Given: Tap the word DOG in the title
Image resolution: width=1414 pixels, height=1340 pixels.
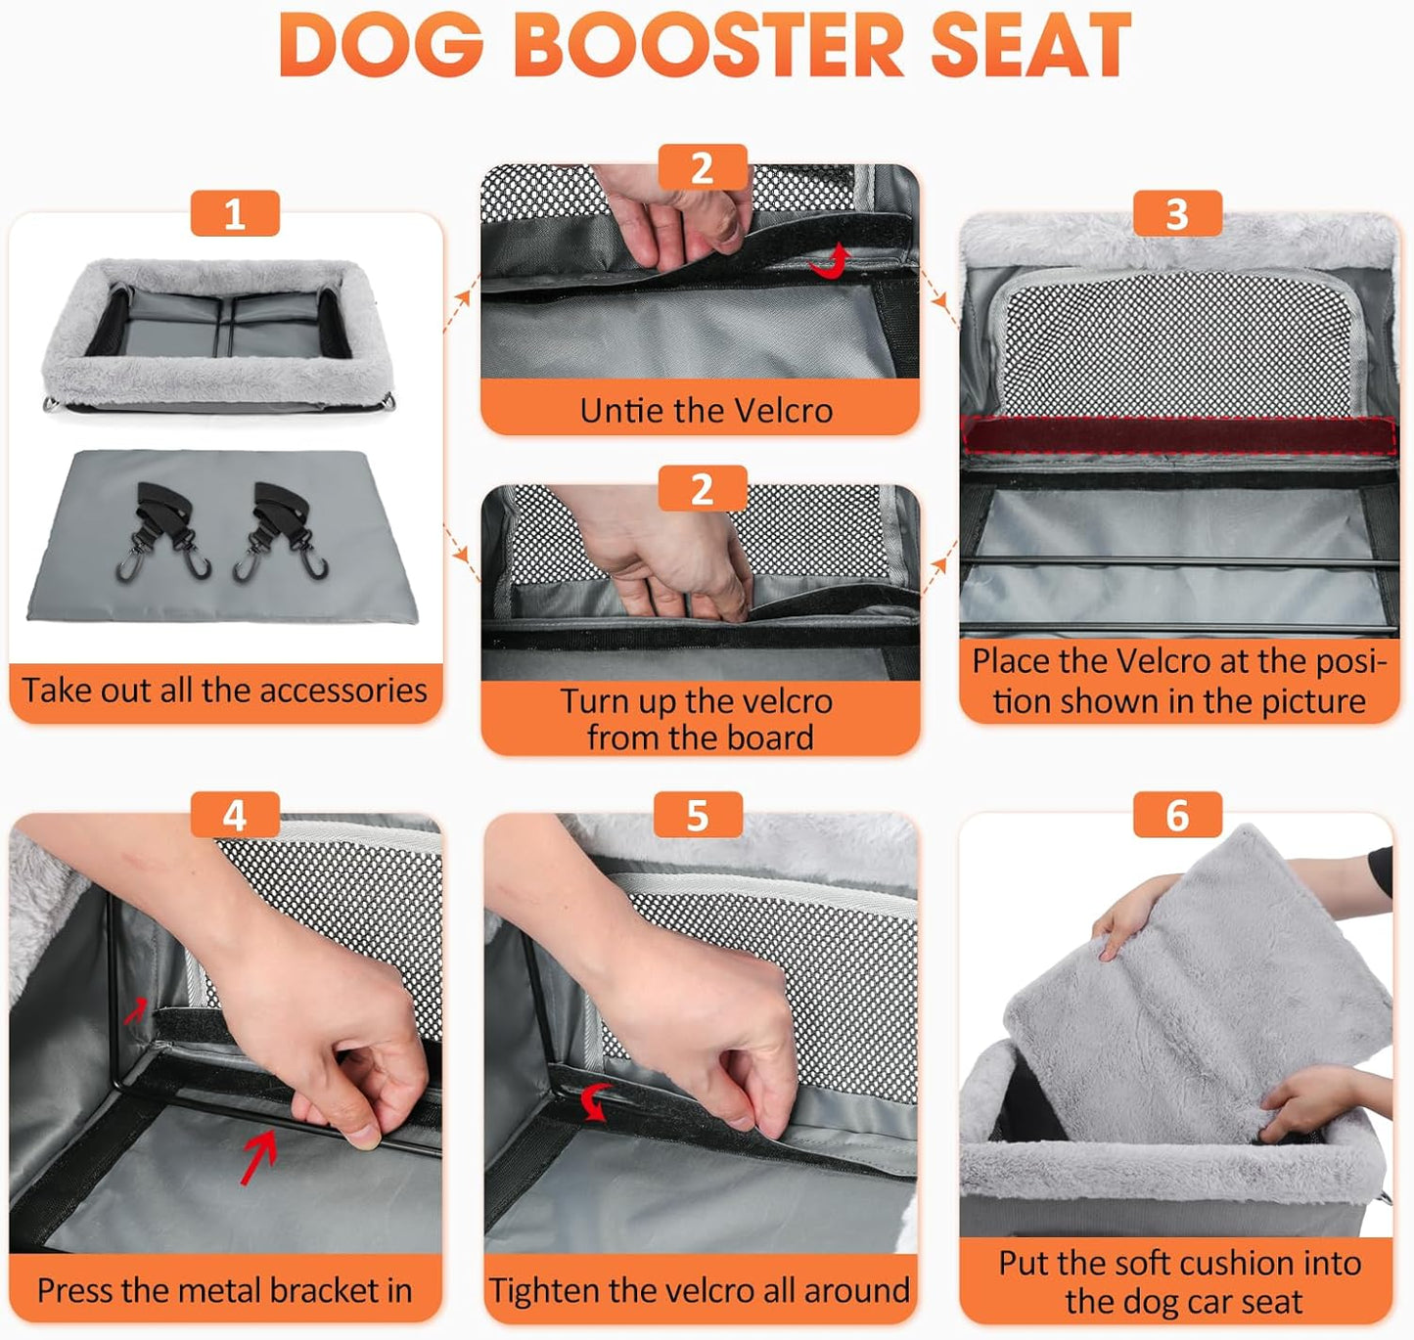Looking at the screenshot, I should point(382,46).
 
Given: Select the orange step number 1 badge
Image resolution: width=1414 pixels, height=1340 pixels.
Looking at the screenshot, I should point(235,214).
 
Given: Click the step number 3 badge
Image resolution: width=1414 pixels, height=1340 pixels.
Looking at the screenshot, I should point(1177,214).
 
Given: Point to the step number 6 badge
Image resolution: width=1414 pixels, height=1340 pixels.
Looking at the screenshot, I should point(1177,815).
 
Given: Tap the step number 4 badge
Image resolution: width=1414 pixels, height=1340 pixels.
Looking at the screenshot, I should point(235,815).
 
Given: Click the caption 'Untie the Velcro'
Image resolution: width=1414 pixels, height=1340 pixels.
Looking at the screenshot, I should point(706,410).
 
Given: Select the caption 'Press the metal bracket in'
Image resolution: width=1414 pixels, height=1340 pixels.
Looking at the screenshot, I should point(224,1290).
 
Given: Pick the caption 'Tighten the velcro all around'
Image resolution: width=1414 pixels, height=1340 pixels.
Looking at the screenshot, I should point(700,1290).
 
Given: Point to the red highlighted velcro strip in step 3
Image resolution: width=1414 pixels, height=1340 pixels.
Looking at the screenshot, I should point(1179,434).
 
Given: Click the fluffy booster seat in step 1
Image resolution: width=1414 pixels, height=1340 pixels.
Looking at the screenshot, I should point(217,333).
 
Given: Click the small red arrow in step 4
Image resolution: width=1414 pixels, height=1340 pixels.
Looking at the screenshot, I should point(137,1010).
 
